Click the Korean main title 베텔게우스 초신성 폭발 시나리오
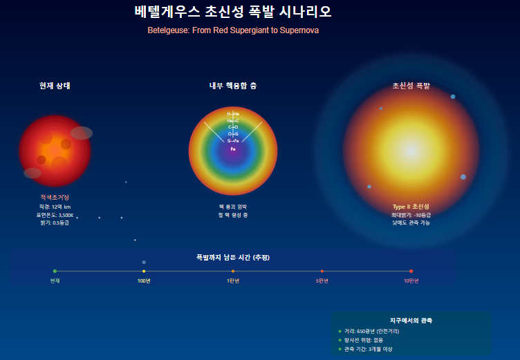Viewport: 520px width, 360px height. tap(233, 12)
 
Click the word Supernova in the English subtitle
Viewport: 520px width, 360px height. tap(299, 31)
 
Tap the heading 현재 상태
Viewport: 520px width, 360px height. tap(55, 86)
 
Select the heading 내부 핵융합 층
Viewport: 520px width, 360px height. tap(233, 86)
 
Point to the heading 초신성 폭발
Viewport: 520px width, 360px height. tap(411, 86)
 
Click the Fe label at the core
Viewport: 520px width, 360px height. tap(233, 149)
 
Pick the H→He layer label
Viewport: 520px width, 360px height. tap(233, 113)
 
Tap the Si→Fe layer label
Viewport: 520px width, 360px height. tap(233, 141)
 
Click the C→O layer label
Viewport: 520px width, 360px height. tap(233, 127)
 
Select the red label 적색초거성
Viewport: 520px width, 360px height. tap(55, 198)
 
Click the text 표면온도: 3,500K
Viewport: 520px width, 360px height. tap(55, 215)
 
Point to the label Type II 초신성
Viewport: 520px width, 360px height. tap(411, 207)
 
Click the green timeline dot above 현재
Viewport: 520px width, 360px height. tap(55, 271)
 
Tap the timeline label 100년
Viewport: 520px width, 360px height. tap(144, 281)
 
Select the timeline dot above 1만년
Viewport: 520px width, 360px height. tap(233, 271)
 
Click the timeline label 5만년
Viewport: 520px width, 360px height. tap(322, 281)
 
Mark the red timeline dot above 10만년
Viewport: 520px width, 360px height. tap(411, 271)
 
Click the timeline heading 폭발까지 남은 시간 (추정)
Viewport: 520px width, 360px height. tap(233, 258)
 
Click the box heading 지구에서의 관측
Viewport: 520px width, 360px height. tap(411, 321)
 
